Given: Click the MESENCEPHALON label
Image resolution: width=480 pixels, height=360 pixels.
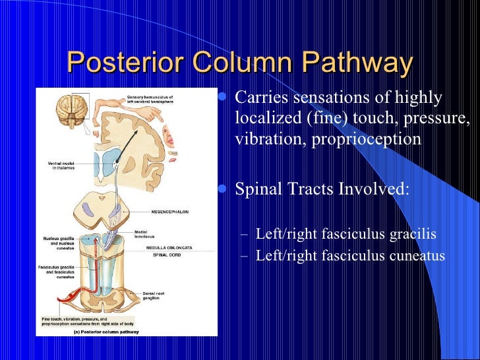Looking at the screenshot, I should click(169, 212).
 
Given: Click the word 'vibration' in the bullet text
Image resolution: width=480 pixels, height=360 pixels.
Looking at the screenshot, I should click(264, 140).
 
